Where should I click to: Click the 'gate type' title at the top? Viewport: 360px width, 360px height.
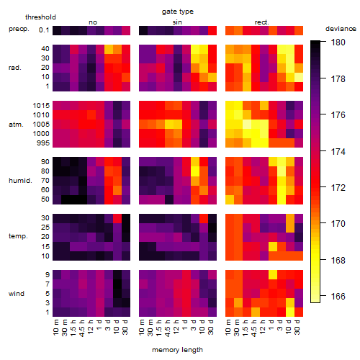[x=178, y=12]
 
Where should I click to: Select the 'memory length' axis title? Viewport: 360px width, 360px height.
[x=177, y=350]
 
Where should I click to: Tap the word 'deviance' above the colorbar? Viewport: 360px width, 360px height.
[x=341, y=29]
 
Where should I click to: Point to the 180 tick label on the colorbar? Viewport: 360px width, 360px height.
[x=338, y=42]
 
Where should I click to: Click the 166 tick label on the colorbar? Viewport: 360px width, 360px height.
[x=338, y=297]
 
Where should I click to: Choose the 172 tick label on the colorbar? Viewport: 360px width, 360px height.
[x=338, y=187]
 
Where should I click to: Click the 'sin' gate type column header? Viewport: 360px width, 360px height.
[x=177, y=22]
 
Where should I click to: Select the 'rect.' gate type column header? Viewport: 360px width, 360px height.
[x=262, y=22]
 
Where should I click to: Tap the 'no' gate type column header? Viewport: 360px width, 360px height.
[x=93, y=22]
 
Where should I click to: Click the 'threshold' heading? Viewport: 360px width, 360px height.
[x=40, y=17]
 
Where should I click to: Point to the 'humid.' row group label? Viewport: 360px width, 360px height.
[x=20, y=181]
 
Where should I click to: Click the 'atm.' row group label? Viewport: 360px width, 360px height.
[x=16, y=125]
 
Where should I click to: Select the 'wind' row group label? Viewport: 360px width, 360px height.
[x=17, y=294]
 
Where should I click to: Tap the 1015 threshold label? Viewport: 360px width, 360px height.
[x=41, y=106]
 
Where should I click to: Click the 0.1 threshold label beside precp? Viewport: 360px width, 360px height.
[x=44, y=30]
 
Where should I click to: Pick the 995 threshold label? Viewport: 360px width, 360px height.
[x=43, y=143]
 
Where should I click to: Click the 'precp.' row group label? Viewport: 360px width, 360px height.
[x=19, y=29]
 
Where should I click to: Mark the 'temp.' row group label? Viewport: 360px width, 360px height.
[x=18, y=236]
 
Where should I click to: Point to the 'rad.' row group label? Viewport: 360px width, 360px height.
[x=15, y=68]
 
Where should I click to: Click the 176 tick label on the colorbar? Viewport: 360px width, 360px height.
[x=338, y=115]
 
